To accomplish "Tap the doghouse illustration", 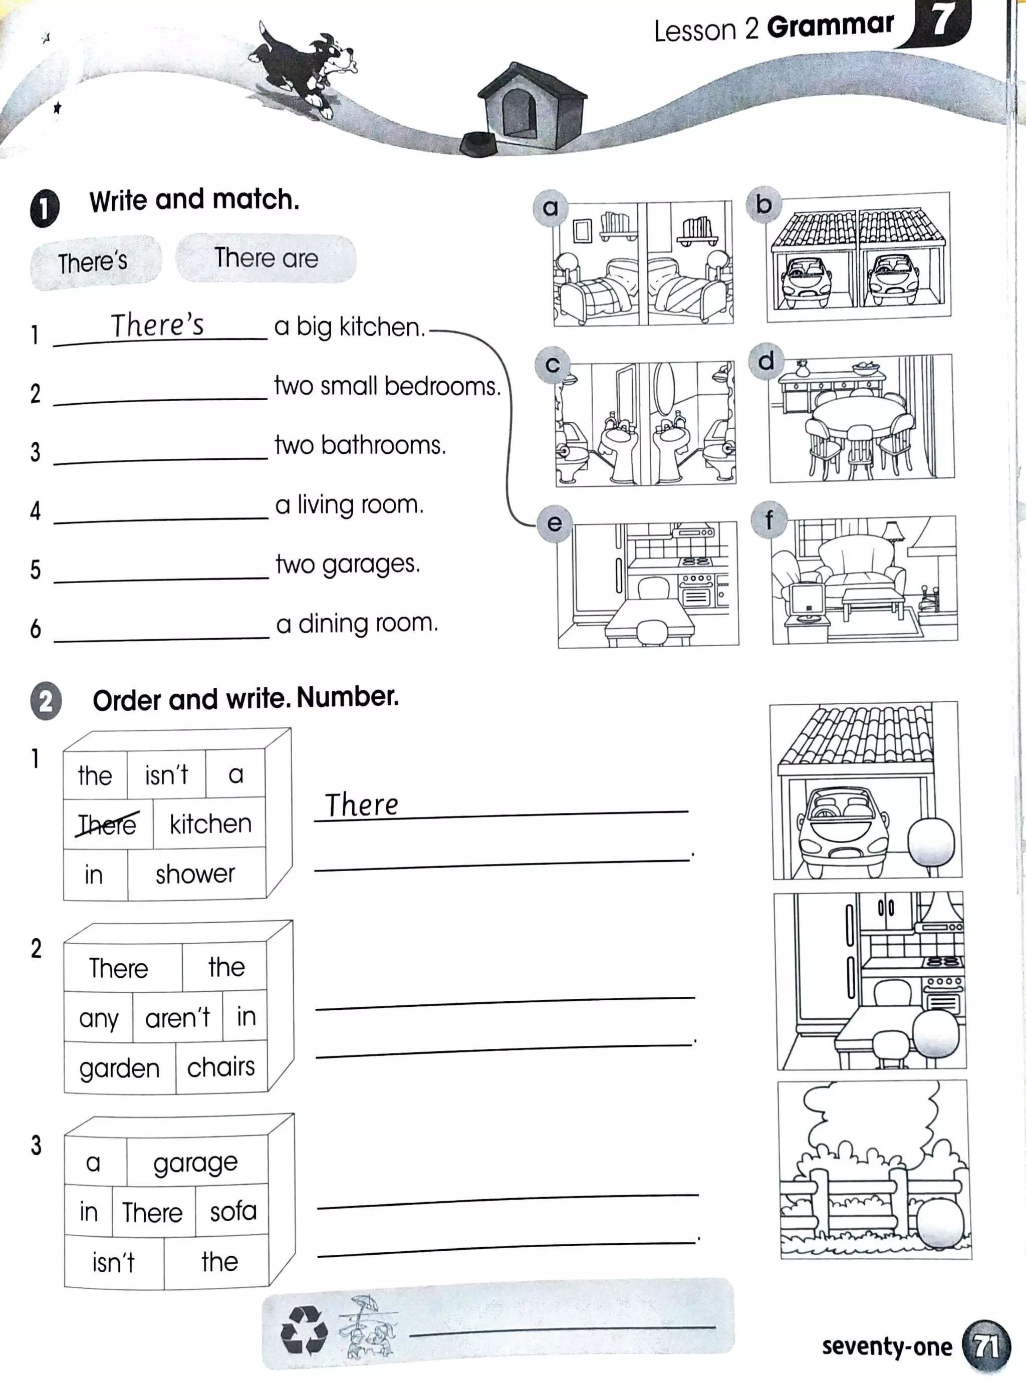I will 531,106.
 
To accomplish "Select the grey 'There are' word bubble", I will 266,258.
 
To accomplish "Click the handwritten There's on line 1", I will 157,325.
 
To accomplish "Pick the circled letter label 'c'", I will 552,365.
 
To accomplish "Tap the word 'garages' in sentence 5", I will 370,565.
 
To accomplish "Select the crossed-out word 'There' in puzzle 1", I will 107,824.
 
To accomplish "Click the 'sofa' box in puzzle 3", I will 233,1212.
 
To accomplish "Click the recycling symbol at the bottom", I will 304,1329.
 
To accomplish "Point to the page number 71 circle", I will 985,1347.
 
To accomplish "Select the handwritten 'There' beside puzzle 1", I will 362,805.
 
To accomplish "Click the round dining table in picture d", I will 860,411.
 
